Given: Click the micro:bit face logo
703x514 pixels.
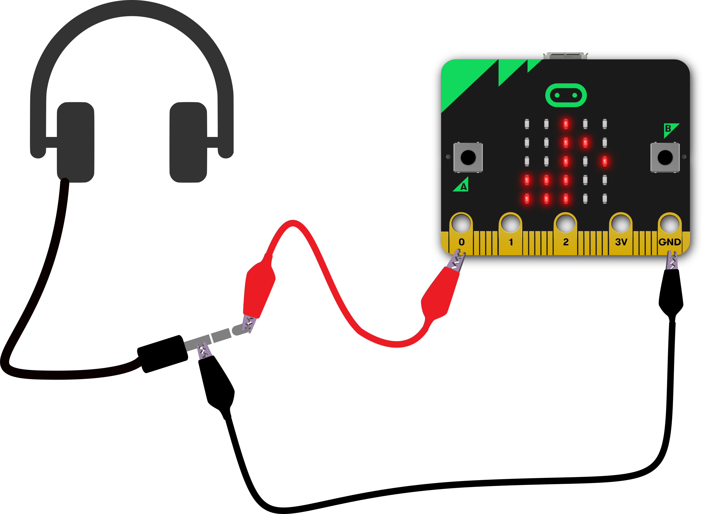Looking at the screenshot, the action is (566, 95).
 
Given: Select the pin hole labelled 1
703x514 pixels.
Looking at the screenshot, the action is (510, 223).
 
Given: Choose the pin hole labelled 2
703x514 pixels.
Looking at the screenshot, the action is (566, 223).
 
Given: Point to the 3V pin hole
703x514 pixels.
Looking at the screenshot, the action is (620, 223).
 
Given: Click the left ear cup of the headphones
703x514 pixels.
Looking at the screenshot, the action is (76, 142).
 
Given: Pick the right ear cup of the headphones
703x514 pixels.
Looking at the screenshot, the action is (188, 142).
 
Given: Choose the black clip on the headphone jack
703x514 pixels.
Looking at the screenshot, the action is (216, 380).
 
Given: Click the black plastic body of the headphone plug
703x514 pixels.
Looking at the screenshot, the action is (162, 354).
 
